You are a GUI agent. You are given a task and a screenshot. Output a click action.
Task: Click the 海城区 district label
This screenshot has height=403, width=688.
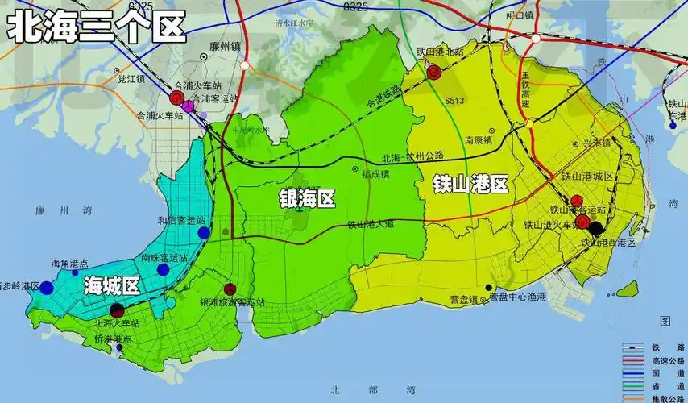click(112, 285)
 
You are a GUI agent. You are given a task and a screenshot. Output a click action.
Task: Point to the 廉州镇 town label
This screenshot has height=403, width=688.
click(224, 46)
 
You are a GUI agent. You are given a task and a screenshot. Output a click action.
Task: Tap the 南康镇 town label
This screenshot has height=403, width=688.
click(479, 139)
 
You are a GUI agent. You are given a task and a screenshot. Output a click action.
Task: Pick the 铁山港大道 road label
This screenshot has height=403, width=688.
click(371, 225)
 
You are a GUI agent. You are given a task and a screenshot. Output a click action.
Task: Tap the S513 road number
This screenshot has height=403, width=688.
click(456, 101)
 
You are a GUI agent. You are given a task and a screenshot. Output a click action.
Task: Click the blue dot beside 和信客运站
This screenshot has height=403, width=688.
click(204, 232)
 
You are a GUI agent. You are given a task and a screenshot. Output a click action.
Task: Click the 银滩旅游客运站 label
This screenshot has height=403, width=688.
click(232, 302)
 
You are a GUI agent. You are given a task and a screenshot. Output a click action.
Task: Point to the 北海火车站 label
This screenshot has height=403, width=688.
click(117, 322)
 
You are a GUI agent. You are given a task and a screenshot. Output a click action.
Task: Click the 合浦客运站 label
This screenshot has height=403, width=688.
click(218, 98)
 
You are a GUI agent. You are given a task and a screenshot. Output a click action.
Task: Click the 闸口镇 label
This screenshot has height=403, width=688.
click(520, 15)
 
